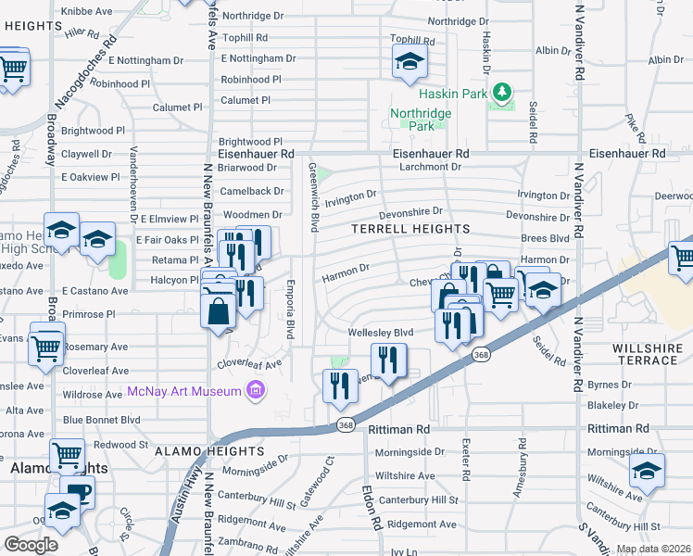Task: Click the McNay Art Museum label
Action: point(185,391)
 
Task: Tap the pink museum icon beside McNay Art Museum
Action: point(255,391)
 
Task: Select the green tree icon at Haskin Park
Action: point(501,93)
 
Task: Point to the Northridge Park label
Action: point(420,120)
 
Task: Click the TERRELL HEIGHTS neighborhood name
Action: point(409,229)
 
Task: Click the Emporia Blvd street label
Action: point(290,310)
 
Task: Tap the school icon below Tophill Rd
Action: point(409,63)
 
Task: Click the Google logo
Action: point(31,544)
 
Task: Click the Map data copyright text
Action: point(653,549)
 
